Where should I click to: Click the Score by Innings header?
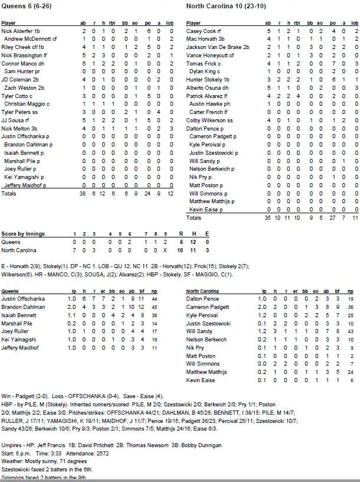pos(23,234)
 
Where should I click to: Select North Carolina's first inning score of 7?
pos(74,250)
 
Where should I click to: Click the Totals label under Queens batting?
pos(9,193)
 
